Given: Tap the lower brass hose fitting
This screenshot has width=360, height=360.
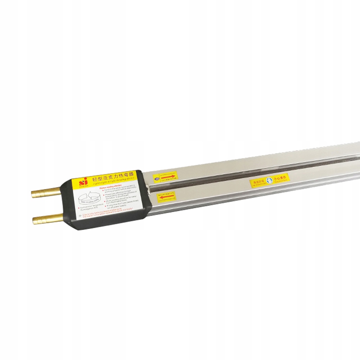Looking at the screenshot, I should click(47, 218).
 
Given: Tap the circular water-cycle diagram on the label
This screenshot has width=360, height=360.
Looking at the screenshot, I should click(88, 197).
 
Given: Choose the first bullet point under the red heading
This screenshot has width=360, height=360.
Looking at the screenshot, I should click(119, 192).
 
